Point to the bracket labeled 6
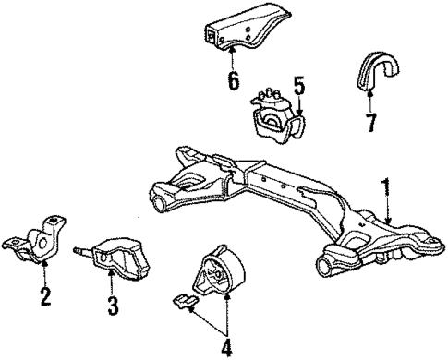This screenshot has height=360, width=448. (x=236, y=37)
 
